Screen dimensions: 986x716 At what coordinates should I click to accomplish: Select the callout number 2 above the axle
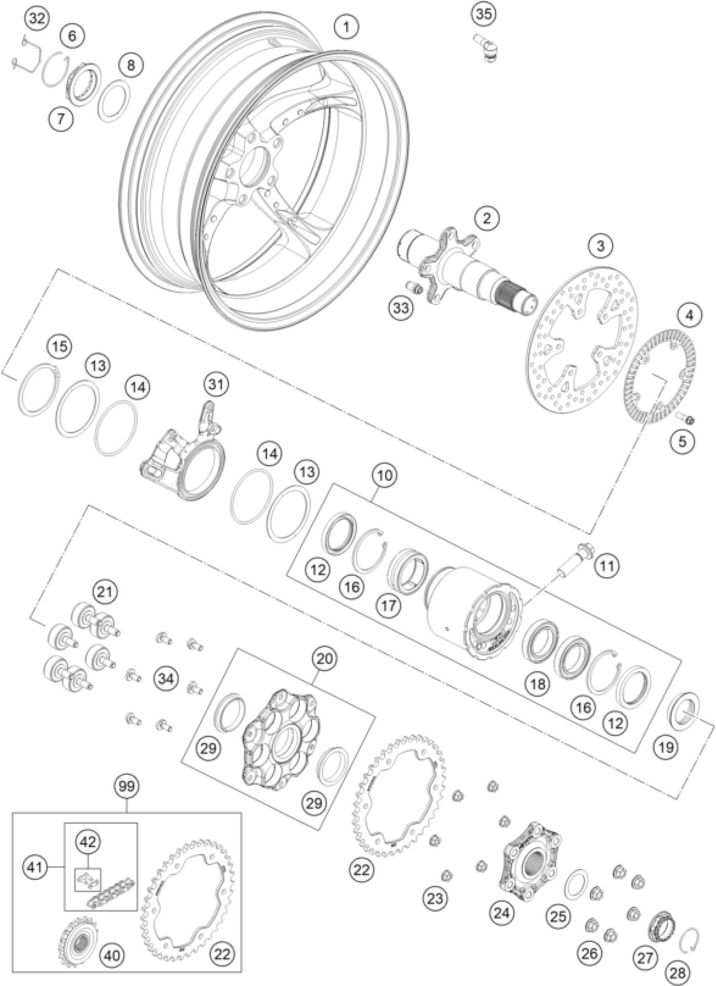[x=486, y=219]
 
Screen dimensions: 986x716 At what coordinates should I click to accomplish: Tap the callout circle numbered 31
[x=218, y=384]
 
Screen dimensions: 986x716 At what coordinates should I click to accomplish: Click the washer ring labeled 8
[x=114, y=96]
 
